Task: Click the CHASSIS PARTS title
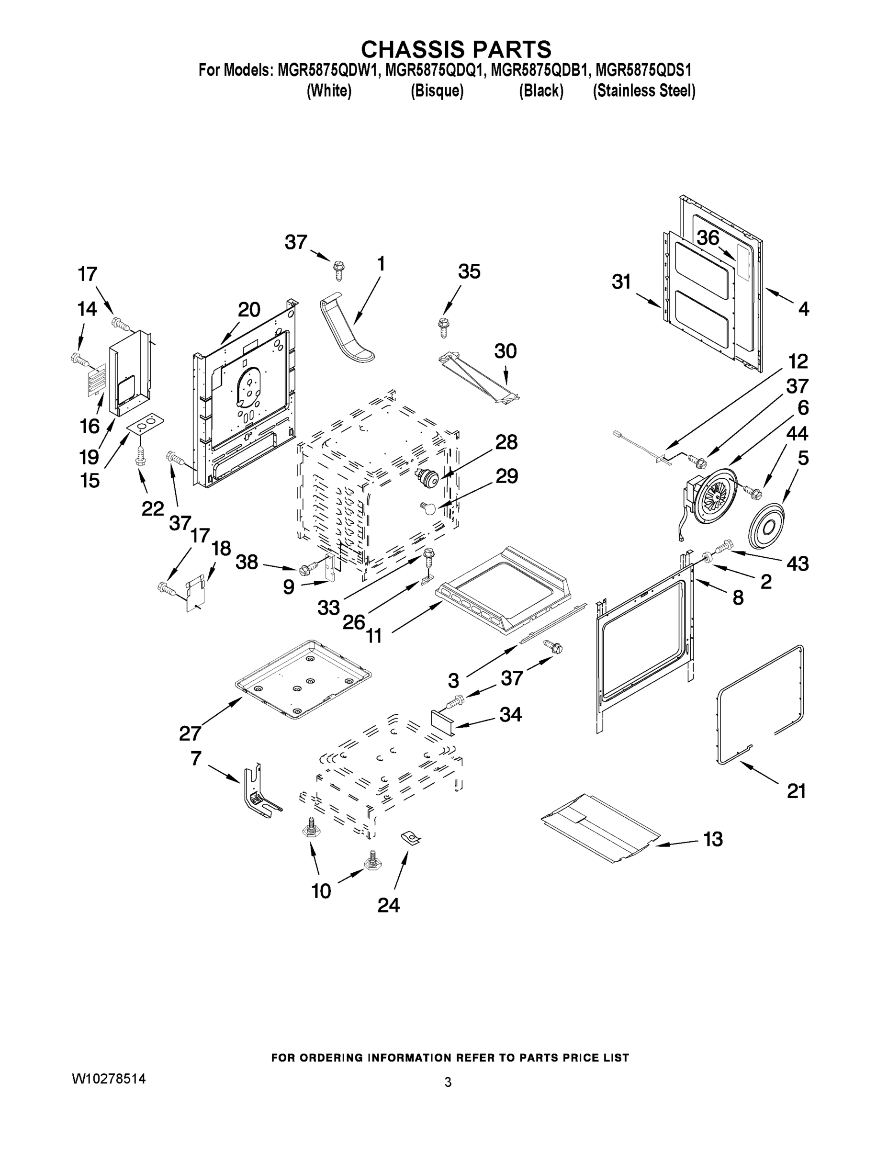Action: [x=456, y=49]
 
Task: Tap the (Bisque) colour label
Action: [x=437, y=91]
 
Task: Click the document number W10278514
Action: [x=108, y=1079]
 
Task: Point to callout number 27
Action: [x=191, y=733]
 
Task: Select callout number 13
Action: [x=713, y=839]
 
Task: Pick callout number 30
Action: [x=505, y=351]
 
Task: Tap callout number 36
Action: [x=708, y=238]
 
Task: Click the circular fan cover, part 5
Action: [x=766, y=527]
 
